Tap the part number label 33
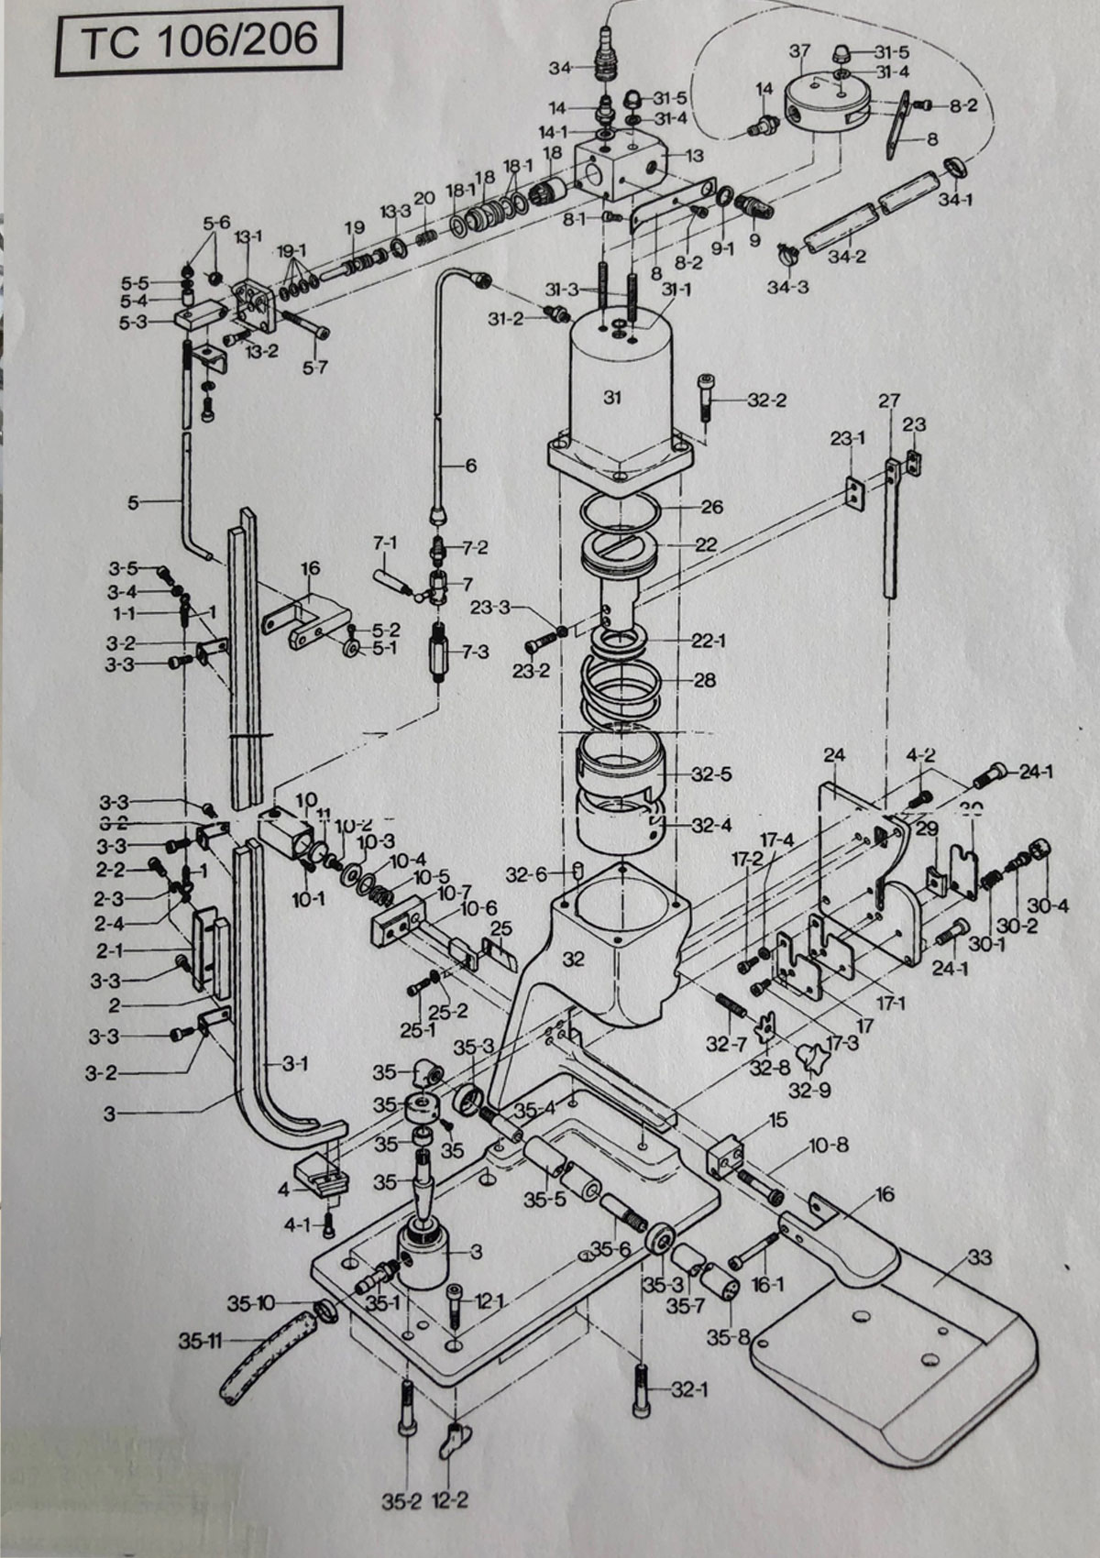[x=980, y=1258]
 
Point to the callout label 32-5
[x=712, y=774]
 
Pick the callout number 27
[x=889, y=401]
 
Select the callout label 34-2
[x=847, y=257]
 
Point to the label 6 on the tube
[x=471, y=466]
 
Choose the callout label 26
[x=711, y=507]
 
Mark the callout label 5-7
[x=314, y=368]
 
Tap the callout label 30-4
[x=1049, y=905]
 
